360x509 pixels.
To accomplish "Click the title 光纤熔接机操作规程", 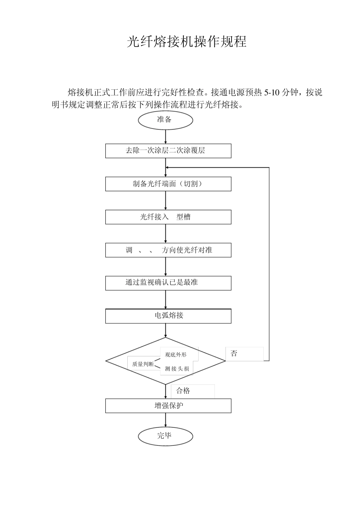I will point(186,42).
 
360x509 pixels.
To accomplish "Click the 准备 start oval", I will point(165,120).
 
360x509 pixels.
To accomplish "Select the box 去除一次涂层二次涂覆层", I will point(168,151).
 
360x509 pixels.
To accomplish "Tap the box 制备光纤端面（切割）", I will point(168,184).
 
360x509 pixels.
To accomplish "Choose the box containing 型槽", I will point(168,217).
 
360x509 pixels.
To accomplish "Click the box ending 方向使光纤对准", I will point(168,250).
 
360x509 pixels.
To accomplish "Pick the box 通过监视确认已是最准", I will point(168,283).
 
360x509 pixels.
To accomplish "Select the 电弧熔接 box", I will point(168,316).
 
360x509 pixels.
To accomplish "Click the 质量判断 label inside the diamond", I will point(142,364).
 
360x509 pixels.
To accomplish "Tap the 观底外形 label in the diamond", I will point(176,355).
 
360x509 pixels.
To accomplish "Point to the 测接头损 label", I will point(177,369).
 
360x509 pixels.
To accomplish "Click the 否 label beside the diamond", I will point(234,354).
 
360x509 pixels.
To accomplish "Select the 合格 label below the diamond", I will point(183,391).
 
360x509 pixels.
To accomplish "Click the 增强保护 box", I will point(168,406).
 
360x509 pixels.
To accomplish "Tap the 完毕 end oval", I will point(165,436).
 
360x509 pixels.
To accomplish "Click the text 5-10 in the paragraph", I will point(272,92).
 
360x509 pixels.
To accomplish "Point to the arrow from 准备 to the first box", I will point(166,137).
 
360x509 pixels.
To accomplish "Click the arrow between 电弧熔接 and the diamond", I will point(166,331).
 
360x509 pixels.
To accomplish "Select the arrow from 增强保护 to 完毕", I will point(166,421).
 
